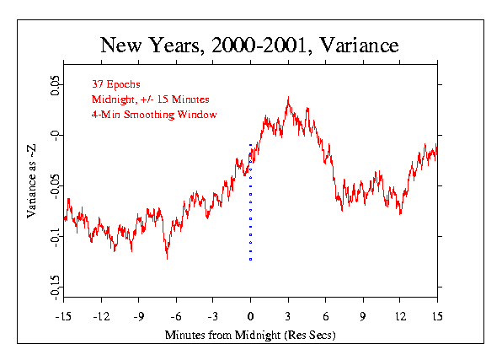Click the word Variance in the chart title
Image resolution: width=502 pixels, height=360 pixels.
pyautogui.click(x=359, y=45)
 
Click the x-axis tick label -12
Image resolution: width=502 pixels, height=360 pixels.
pyautogui.click(x=101, y=317)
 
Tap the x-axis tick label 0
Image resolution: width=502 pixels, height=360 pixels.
pyautogui.click(x=251, y=317)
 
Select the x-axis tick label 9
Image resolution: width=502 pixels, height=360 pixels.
pyautogui.click(x=363, y=317)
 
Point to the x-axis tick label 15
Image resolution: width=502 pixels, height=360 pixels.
pyautogui.click(x=437, y=317)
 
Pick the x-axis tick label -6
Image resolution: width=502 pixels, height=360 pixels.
pyautogui.click(x=176, y=317)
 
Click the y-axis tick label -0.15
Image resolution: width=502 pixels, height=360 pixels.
pyautogui.click(x=55, y=287)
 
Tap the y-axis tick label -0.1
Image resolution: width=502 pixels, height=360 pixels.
pyautogui.click(x=55, y=238)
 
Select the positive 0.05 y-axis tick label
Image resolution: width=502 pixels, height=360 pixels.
pyautogui.click(x=55, y=85)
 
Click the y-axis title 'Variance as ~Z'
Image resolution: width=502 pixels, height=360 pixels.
pyautogui.click(x=31, y=181)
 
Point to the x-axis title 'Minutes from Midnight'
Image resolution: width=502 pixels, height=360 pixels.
pyautogui.click(x=222, y=335)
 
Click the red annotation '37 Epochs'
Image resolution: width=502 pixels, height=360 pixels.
pyautogui.click(x=116, y=84)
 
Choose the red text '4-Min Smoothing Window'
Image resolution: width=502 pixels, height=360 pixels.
pyautogui.click(x=154, y=115)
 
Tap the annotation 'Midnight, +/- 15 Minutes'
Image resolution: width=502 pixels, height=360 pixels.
pyautogui.click(x=151, y=99)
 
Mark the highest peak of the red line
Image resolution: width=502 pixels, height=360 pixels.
pyautogui.click(x=288, y=97)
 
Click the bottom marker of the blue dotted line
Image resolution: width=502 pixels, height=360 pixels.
pyautogui.click(x=251, y=259)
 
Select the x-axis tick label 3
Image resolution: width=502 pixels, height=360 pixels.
pyautogui.click(x=288, y=317)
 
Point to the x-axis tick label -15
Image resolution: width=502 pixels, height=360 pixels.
pyautogui.click(x=63, y=317)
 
